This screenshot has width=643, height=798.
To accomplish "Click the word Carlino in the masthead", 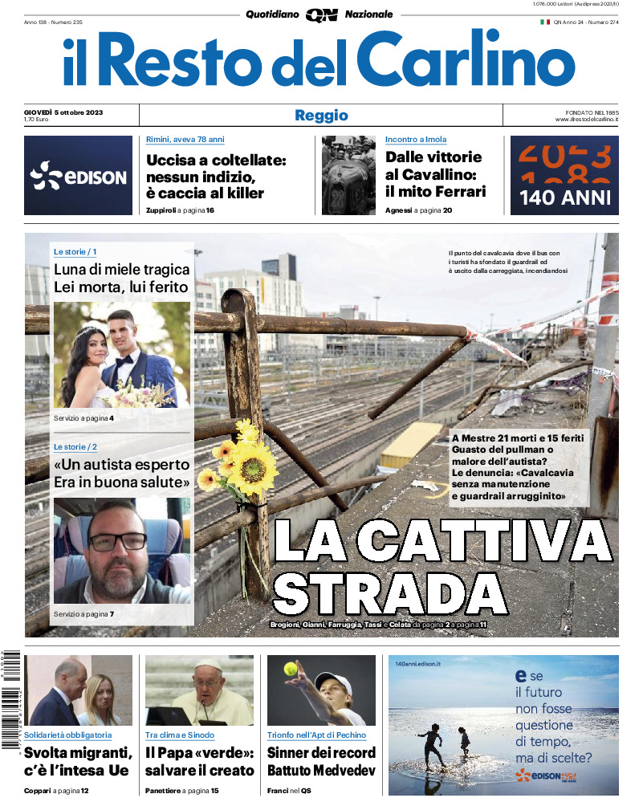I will [454, 59].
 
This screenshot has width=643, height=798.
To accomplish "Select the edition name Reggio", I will [321, 115].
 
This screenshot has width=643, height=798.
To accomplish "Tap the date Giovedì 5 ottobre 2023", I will [68, 111].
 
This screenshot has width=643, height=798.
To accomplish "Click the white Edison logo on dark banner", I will [78, 176].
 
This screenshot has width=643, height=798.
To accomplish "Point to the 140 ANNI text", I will [564, 197].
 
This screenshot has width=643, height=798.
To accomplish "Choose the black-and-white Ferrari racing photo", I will [348, 175].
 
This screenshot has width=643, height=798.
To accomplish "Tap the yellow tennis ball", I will [290, 668].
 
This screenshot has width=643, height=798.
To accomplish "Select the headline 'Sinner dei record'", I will [321, 752].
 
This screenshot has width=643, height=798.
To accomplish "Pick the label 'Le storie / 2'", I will [75, 446].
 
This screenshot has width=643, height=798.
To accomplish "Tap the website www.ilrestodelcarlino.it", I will [586, 120].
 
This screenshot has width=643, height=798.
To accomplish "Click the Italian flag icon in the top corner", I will [544, 22].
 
